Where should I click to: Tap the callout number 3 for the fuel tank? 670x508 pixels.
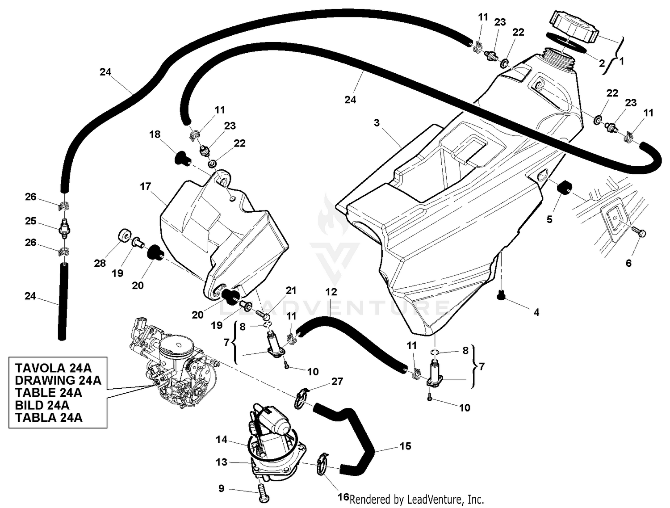click(377, 122)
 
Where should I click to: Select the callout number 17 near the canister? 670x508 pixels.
click(146, 186)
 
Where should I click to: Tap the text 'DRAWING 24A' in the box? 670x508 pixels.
click(58, 380)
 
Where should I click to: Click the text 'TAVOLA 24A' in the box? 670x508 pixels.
click(53, 368)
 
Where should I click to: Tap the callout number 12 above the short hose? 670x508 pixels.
click(331, 292)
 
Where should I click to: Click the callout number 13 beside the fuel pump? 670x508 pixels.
click(222, 462)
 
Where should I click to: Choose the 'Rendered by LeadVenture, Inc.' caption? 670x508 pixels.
click(417, 499)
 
